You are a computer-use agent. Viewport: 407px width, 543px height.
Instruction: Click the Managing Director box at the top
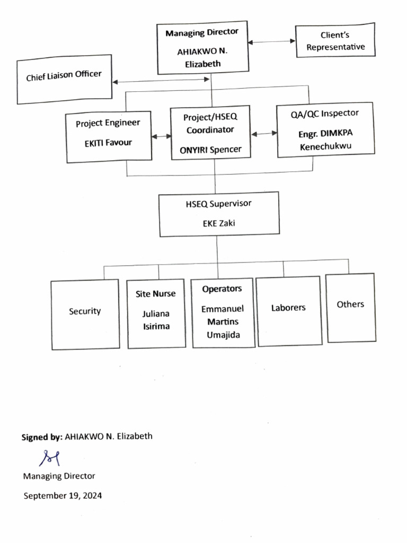tap(202, 48)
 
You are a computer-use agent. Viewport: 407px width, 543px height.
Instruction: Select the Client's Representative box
tap(335, 41)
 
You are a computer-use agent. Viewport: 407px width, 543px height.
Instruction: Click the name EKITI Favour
tap(108, 143)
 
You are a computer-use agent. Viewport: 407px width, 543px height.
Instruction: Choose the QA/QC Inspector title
tap(324, 113)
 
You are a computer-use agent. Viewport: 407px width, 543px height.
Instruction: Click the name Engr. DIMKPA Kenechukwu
tap(325, 140)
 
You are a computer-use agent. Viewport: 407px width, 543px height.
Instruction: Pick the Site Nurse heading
tap(155, 294)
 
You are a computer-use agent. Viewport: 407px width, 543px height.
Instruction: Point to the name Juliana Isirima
tap(156, 320)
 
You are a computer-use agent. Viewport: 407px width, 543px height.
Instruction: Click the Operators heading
tap(222, 289)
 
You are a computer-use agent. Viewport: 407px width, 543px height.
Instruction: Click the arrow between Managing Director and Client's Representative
tap(272, 42)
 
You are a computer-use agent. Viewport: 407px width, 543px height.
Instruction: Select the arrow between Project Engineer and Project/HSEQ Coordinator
tap(161, 136)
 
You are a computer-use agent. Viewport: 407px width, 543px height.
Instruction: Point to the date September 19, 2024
tap(63, 496)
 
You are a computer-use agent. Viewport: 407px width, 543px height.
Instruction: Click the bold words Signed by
tap(41, 437)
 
